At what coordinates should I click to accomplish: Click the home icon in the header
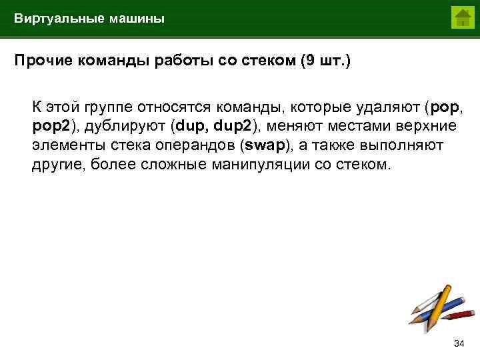point(461,17)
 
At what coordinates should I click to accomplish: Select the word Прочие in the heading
point(39,61)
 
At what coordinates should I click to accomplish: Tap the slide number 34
point(458,343)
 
